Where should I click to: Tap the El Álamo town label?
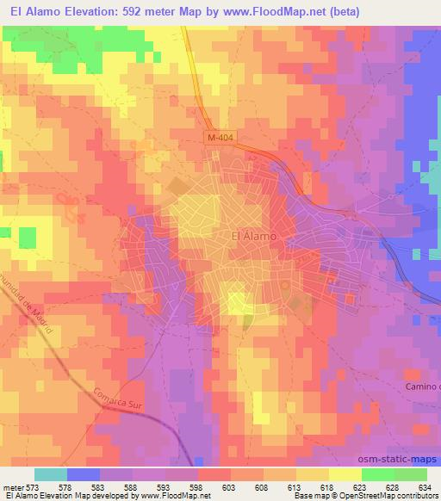pos(255,236)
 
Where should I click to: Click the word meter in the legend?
pos(12,487)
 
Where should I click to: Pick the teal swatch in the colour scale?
pos(51,474)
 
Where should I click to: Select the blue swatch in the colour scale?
pos(84,474)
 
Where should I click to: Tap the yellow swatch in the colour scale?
pos(345,474)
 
